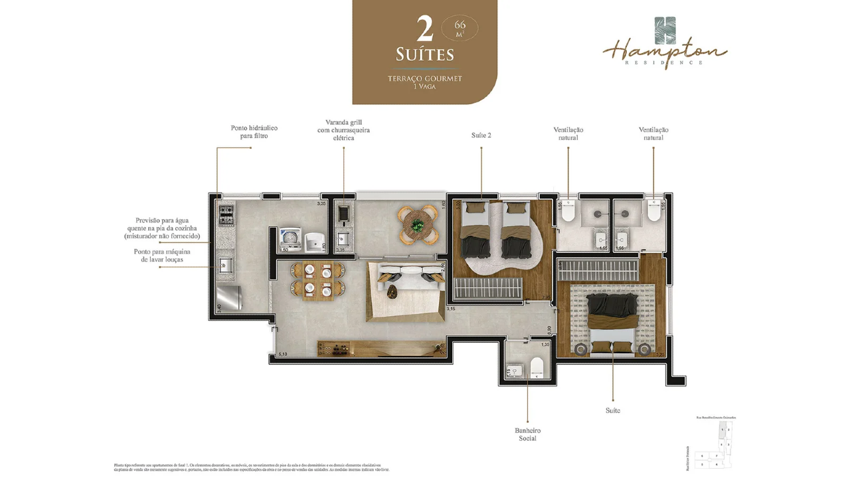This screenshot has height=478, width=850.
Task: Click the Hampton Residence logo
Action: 665,42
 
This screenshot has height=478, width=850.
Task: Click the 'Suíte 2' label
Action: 481,135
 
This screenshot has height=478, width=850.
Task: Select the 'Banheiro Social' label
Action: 527,434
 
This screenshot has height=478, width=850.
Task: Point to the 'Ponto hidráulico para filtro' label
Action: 254,131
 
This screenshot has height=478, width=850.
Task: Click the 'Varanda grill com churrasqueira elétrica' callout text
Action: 343,130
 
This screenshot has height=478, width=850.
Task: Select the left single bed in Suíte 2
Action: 475,230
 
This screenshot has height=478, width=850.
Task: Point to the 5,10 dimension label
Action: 283,355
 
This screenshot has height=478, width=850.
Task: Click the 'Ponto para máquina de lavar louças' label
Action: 163,256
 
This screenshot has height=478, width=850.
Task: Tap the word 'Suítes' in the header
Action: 424,54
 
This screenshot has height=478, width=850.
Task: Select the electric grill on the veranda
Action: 344,213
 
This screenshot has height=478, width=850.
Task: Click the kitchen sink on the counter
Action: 224,265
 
